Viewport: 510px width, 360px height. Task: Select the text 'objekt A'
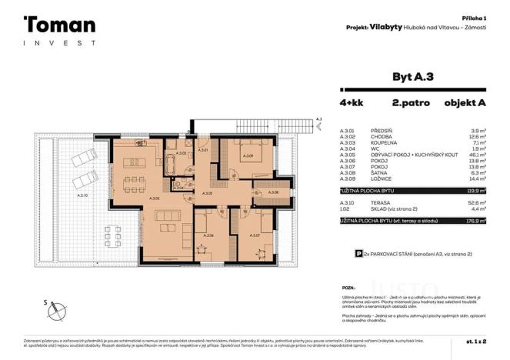(467, 102)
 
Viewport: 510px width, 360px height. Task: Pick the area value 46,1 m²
(475, 154)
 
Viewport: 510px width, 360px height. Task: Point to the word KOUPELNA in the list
(385, 142)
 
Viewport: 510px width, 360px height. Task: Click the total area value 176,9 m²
(474, 221)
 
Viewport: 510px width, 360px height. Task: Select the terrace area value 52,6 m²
(475, 201)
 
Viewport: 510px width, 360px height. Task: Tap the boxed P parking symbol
(358, 252)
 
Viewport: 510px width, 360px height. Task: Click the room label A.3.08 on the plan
(274, 192)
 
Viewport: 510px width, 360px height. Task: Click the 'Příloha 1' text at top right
(483, 17)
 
